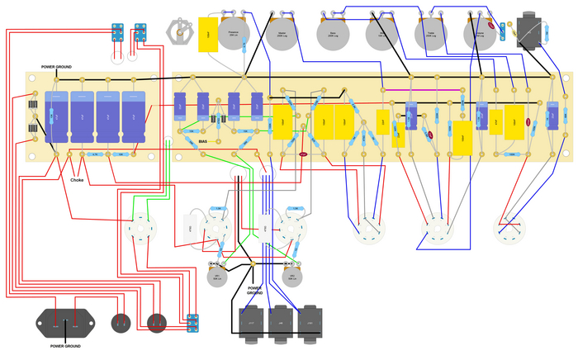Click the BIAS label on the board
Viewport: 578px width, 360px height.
coord(203,141)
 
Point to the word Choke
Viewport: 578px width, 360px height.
coord(77,179)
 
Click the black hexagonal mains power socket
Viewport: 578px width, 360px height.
coord(64,324)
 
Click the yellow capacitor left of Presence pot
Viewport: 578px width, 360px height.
coord(207,34)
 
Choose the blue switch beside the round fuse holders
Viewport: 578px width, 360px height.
coord(192,323)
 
